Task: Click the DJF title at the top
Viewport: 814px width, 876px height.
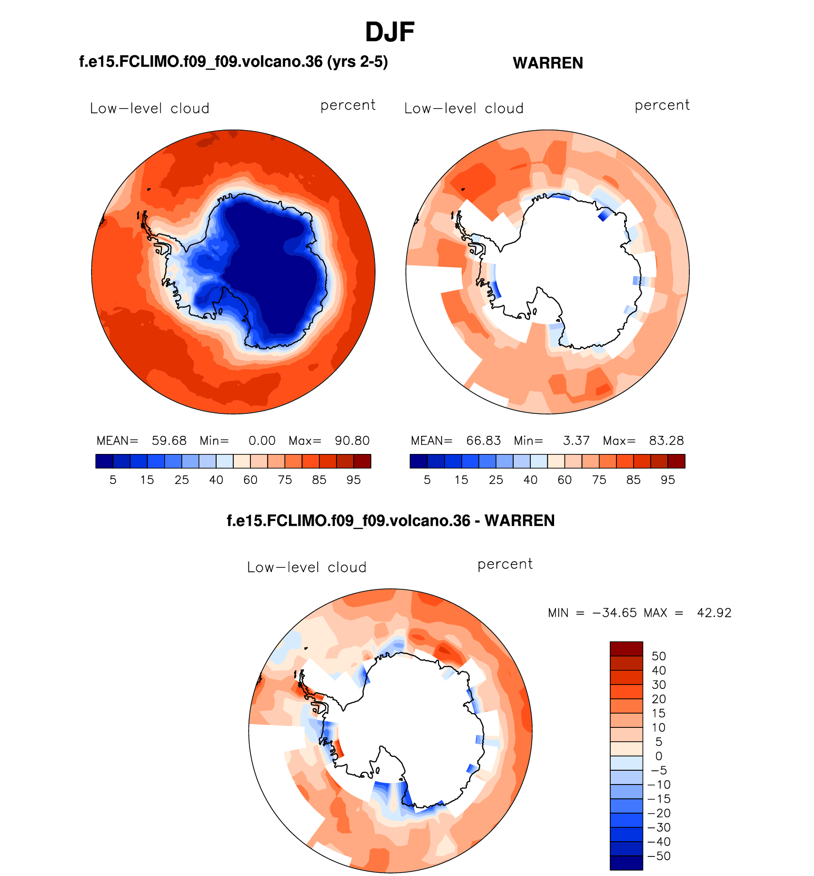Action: [x=390, y=32]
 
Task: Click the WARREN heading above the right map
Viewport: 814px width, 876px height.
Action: [x=548, y=63]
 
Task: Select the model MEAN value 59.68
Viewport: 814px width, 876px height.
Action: [x=169, y=441]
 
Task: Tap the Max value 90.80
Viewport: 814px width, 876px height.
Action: [x=352, y=441]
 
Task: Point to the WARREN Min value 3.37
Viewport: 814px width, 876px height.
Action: [x=576, y=441]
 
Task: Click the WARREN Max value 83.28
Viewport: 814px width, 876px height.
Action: [x=666, y=441]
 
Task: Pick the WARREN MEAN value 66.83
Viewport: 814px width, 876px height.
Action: [x=484, y=441]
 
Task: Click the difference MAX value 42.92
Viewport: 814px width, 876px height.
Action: [x=714, y=613]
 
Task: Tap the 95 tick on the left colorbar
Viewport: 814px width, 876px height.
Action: [x=354, y=480]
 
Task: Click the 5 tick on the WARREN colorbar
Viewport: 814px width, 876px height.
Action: [x=427, y=480]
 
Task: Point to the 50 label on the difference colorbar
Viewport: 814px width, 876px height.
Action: [x=659, y=656]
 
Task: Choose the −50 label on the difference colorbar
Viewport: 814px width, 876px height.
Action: [x=659, y=856]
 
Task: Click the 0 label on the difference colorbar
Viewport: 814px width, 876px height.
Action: [x=659, y=756]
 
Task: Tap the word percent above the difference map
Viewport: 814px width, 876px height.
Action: [x=505, y=564]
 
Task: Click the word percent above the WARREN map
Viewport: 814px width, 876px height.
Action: [x=662, y=106]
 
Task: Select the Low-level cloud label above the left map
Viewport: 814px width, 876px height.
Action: [x=149, y=109]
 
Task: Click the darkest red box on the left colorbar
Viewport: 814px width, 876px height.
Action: [x=362, y=461]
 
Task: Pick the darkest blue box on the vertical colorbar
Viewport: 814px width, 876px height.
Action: [x=626, y=863]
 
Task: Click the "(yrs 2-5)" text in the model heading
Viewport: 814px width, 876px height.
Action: [x=357, y=62]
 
